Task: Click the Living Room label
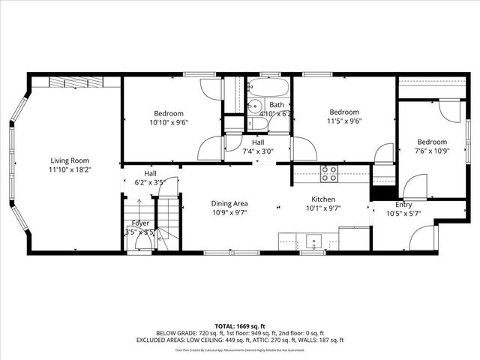pyautogui.click(x=70, y=160)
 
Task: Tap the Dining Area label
pyautogui.click(x=229, y=203)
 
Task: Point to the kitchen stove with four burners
pyautogui.click(x=328, y=174)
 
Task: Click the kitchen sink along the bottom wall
pyautogui.click(x=313, y=241)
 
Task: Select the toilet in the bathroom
pyautogui.click(x=254, y=123)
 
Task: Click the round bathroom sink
pyautogui.click(x=253, y=106)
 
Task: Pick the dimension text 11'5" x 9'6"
pyautogui.click(x=344, y=122)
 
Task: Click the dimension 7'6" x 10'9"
pyautogui.click(x=432, y=151)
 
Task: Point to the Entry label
pyautogui.click(x=403, y=205)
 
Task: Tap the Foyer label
pyautogui.click(x=140, y=223)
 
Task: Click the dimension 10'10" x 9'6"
pyautogui.click(x=169, y=122)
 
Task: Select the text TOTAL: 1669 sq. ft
pyautogui.click(x=240, y=326)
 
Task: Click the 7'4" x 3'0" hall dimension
pyautogui.click(x=258, y=151)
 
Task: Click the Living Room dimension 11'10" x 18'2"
pyautogui.click(x=70, y=170)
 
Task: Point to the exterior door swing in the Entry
pyautogui.click(x=423, y=238)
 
